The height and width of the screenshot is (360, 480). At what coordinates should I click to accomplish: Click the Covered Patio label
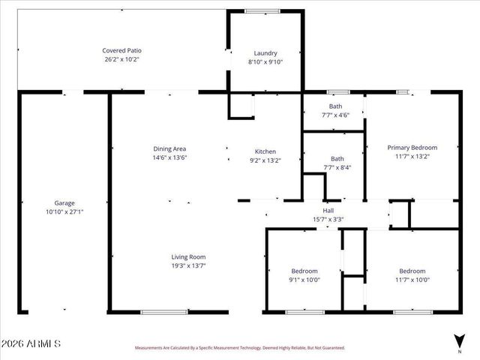point(121,50)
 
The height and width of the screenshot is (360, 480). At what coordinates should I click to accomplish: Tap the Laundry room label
point(265,53)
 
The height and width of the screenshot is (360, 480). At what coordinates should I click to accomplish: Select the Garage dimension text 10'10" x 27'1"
point(64,211)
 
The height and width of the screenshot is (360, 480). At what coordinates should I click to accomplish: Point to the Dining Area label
point(169,148)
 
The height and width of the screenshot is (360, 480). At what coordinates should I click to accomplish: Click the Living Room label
point(188,256)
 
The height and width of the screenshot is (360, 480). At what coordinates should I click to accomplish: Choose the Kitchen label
point(265,151)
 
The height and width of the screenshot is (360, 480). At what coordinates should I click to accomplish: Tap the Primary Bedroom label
point(412,148)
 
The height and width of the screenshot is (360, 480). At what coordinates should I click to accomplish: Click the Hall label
point(328,211)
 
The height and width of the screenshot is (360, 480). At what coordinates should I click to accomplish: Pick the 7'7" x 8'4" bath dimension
point(337,167)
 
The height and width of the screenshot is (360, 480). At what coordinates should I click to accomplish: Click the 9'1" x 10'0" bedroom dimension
point(304,280)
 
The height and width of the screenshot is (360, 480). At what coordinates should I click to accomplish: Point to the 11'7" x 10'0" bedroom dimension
point(412,280)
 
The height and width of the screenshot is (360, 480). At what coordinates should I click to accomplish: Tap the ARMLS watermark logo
point(31,343)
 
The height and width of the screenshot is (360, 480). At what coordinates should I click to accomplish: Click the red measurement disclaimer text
point(239,348)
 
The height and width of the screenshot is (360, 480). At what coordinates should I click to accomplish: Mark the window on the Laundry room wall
point(262,10)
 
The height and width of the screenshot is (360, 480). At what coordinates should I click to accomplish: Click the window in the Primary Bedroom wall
point(403,92)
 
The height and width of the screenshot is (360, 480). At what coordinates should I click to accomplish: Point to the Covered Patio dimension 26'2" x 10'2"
point(121,58)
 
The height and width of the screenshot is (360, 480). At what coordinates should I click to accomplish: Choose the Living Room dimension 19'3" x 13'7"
point(188,265)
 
